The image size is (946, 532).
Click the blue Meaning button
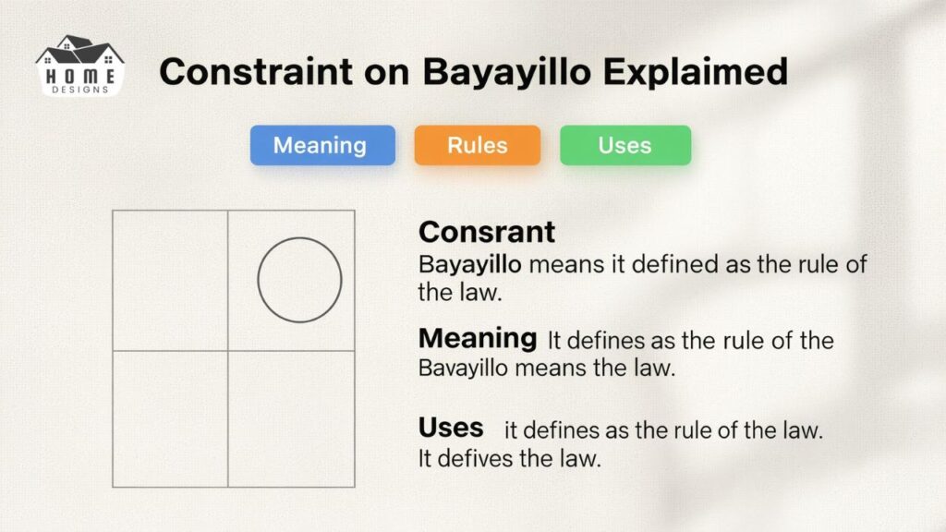click(x=321, y=146)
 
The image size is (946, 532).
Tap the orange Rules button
click(x=477, y=146)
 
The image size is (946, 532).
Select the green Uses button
click(x=625, y=146)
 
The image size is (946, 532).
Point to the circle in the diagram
click(x=299, y=280)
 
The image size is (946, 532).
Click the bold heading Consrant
click(x=487, y=231)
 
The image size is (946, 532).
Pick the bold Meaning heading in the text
click(x=477, y=338)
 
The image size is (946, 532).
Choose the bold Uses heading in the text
click(x=451, y=427)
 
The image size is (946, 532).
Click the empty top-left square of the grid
click(x=170, y=280)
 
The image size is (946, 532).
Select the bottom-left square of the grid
click(x=170, y=418)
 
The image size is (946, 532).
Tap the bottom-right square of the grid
click(x=291, y=418)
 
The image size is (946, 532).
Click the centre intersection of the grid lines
click(x=228, y=350)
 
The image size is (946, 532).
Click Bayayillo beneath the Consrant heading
click(x=470, y=264)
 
